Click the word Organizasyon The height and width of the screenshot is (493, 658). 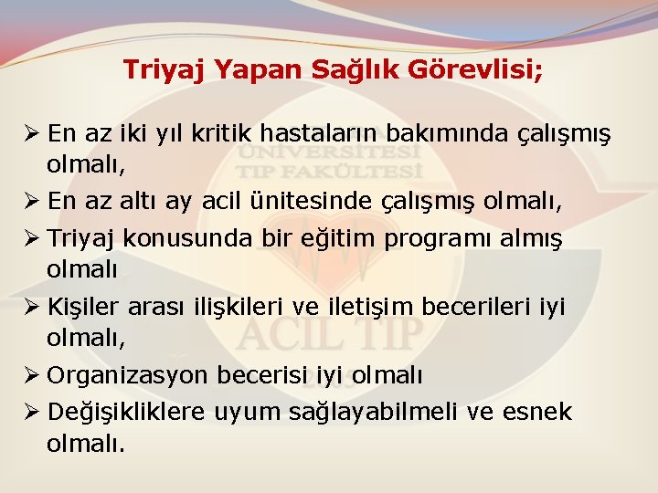pyautogui.click(x=129, y=375)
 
